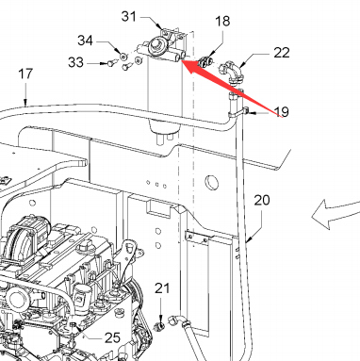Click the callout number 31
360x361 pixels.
129,16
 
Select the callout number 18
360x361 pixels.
222,22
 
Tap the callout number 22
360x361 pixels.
282,53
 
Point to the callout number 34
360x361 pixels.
85,41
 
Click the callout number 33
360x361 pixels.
75,62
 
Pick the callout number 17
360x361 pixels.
25,74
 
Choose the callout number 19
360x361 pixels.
282,111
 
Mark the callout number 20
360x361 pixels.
262,200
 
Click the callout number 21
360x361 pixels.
162,288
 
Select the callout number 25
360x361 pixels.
112,337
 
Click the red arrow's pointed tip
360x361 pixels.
181,60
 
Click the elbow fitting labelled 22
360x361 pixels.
232,72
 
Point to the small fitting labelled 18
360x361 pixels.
205,61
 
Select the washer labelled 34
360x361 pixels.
123,57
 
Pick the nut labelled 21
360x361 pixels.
159,326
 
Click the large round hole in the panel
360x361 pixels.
212,182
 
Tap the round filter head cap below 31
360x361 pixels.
155,43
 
